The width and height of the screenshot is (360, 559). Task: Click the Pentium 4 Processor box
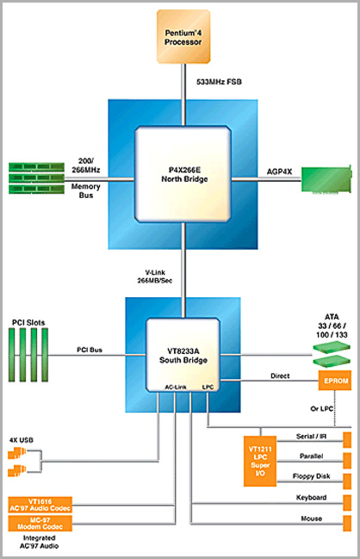pyautogui.click(x=183, y=37)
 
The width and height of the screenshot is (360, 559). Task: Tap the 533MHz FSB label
pyautogui.click(x=219, y=82)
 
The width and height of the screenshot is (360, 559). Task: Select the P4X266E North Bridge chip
pyautogui.click(x=183, y=174)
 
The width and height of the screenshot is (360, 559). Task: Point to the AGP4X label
pyautogui.click(x=279, y=172)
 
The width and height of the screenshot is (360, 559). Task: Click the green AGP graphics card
pyautogui.click(x=326, y=179)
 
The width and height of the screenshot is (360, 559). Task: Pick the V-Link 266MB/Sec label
pyautogui.click(x=155, y=276)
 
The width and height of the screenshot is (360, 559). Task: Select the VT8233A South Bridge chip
pyautogui.click(x=183, y=355)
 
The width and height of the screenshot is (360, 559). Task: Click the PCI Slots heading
pyautogui.click(x=28, y=323)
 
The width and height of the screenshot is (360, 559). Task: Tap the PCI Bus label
pyautogui.click(x=90, y=350)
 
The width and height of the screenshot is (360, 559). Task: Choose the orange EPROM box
pyautogui.click(x=335, y=381)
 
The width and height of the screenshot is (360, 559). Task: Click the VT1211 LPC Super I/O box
pyautogui.click(x=260, y=461)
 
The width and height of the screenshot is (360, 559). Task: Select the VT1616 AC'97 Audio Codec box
pyautogui.click(x=40, y=505)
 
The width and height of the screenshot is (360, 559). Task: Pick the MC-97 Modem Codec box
pyautogui.click(x=40, y=524)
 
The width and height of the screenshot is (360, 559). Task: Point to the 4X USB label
pyautogui.click(x=22, y=440)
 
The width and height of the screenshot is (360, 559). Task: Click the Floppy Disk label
pyautogui.click(x=311, y=476)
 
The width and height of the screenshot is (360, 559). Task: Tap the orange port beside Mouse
pyautogui.click(x=347, y=524)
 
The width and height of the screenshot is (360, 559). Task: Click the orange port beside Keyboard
pyautogui.click(x=347, y=503)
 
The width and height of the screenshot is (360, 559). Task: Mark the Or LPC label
pyautogui.click(x=321, y=408)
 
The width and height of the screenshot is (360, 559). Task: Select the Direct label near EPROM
pyautogui.click(x=280, y=376)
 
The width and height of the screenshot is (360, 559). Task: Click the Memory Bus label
pyautogui.click(x=85, y=190)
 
